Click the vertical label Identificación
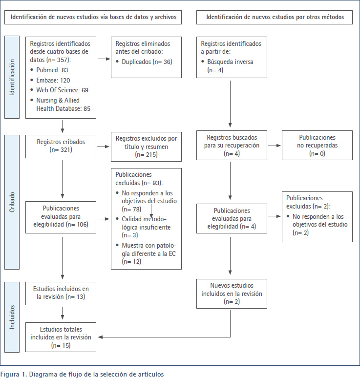(12, 77)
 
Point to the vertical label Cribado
(12, 202)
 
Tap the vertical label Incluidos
(12, 317)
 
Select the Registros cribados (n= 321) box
(61, 147)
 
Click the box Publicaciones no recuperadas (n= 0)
(317, 145)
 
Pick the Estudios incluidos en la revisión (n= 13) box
(61, 294)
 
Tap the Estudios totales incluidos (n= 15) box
(61, 337)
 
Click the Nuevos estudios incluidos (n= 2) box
(232, 294)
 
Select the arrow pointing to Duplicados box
(104, 59)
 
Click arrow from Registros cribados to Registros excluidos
(103, 147)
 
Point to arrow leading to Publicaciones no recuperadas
(275, 146)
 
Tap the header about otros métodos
(275, 17)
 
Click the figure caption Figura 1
(82, 374)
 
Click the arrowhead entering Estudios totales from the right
(100, 337)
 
